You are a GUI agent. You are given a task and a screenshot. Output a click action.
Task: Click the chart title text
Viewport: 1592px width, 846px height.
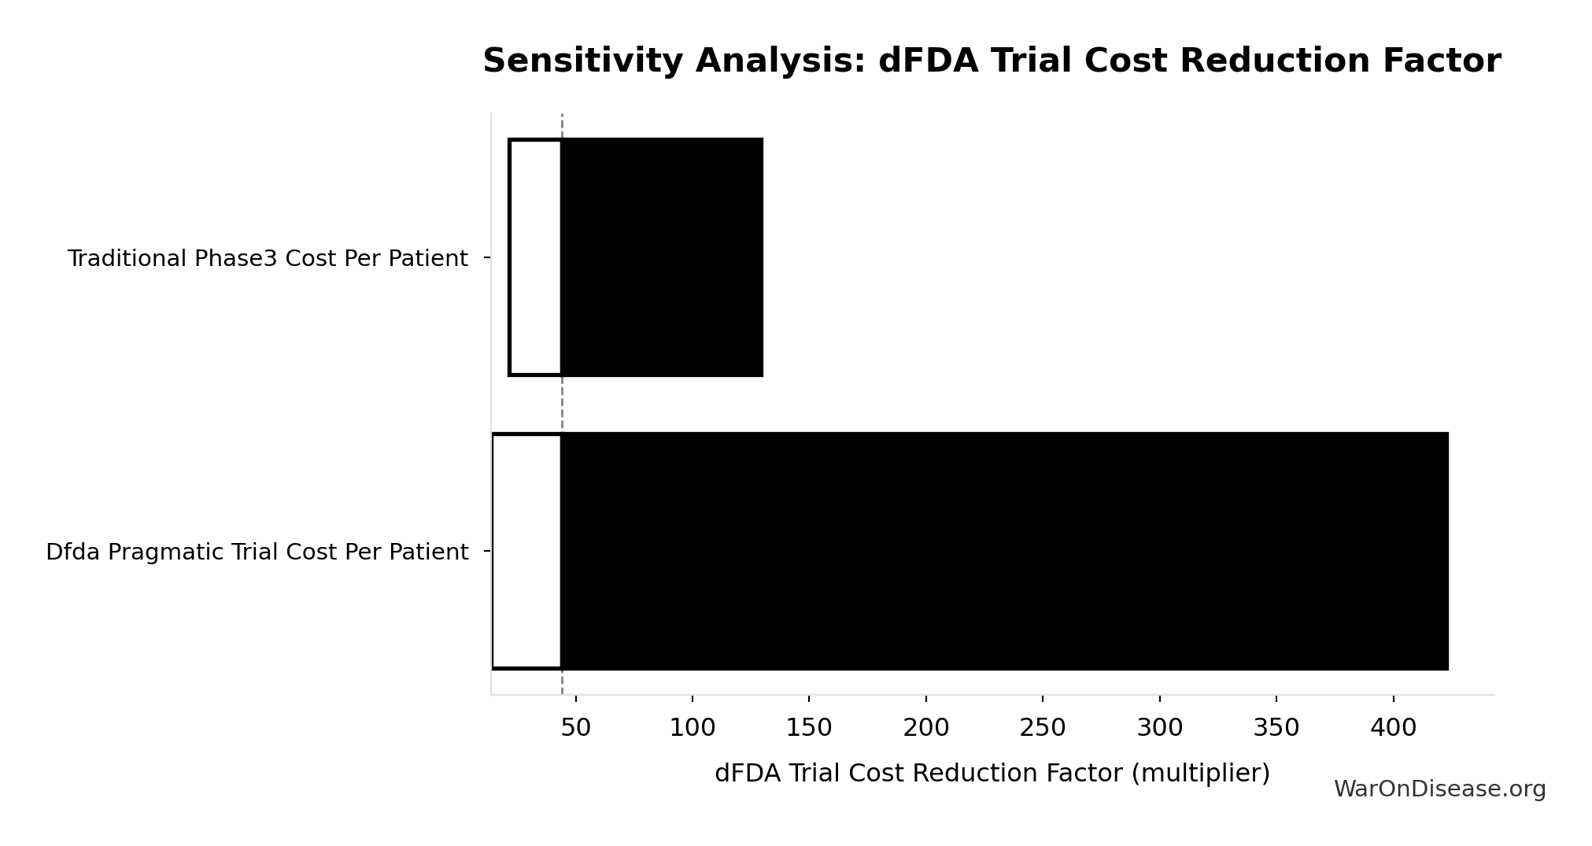992,61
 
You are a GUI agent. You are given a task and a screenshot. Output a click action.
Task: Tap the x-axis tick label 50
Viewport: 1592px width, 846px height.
575,728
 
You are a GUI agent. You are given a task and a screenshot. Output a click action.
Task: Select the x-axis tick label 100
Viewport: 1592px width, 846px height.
693,728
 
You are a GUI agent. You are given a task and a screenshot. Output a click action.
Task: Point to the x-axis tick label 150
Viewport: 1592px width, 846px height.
809,728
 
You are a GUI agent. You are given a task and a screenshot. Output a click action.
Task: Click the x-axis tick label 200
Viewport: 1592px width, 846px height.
926,728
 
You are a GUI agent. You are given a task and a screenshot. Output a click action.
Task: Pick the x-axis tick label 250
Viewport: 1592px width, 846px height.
1043,728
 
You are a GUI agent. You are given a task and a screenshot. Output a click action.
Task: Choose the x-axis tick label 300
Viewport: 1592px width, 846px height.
1160,728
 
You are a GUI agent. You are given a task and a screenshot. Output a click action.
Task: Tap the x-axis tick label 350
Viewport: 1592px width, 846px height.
1276,728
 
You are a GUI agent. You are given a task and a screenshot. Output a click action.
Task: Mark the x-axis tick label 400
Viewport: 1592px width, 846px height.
1393,728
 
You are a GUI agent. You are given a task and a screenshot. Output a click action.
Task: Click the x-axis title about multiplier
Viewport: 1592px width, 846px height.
992,774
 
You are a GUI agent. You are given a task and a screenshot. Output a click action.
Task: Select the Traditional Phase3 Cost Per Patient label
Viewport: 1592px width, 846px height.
268,259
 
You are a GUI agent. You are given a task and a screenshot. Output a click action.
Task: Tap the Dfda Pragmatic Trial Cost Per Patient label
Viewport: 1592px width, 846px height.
257,552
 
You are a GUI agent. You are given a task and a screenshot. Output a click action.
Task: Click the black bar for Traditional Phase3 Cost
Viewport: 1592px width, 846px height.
662,257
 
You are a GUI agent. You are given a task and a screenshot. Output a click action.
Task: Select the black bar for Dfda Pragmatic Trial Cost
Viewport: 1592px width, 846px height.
1004,551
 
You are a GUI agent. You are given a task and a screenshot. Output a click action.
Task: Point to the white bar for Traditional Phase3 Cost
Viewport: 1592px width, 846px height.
535,257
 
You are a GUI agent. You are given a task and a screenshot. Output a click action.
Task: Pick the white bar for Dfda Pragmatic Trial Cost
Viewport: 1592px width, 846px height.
526,551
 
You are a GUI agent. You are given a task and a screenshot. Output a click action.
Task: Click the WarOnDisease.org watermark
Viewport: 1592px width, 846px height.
1439,789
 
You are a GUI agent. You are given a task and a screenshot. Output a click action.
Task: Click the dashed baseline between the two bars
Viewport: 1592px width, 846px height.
562,404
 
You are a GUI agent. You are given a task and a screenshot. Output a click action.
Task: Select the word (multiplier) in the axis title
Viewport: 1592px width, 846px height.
1200,774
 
